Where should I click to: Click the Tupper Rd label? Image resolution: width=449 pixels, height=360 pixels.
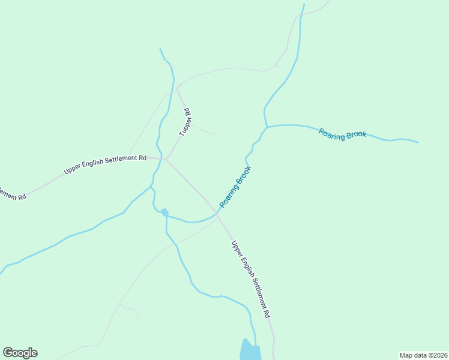pyautogui.click(x=185, y=122)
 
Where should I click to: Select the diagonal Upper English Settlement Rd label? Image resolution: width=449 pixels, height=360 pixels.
pyautogui.click(x=251, y=279)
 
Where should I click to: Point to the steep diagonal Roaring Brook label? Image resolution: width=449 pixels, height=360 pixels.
pyautogui.click(x=235, y=187)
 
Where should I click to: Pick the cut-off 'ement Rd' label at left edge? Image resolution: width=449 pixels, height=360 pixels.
pyautogui.click(x=12, y=194)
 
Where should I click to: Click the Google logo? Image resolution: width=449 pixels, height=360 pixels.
pyautogui.click(x=20, y=353)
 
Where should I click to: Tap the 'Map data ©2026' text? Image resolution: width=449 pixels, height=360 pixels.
pyautogui.click(x=423, y=355)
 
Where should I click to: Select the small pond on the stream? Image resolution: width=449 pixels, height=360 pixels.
pyautogui.click(x=164, y=212)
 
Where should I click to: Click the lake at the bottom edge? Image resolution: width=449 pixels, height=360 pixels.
pyautogui.click(x=250, y=351)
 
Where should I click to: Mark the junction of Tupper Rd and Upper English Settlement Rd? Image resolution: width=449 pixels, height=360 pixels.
pyautogui.click(x=166, y=159)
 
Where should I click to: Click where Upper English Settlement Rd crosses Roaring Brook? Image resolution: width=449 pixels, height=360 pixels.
pyautogui.click(x=217, y=214)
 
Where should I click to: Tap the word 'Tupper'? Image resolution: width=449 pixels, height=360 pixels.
pyautogui.click(x=184, y=125)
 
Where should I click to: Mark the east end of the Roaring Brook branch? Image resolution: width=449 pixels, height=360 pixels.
pyautogui.click(x=418, y=143)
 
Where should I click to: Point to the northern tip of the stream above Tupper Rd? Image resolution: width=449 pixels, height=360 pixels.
pyautogui.click(x=160, y=49)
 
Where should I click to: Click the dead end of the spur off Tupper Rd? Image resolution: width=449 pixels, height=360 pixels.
pyautogui.click(x=214, y=133)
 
